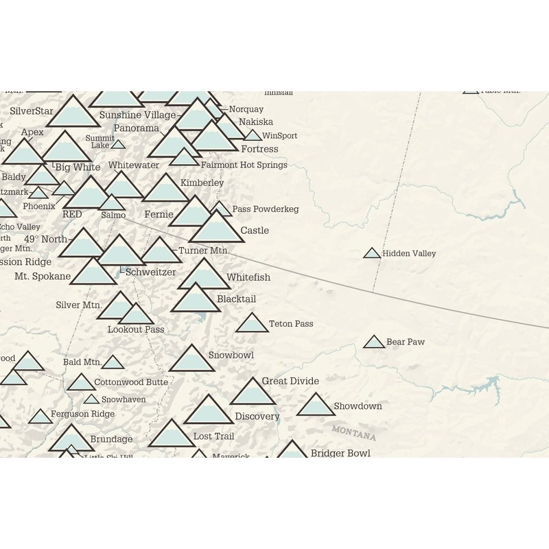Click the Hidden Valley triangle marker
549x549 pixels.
click(x=371, y=253)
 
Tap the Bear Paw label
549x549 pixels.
click(x=405, y=342)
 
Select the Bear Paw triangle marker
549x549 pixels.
click(x=374, y=342)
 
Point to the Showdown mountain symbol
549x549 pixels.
click(x=316, y=406)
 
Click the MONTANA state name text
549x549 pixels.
click(x=353, y=433)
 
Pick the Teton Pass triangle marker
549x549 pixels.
click(x=252, y=324)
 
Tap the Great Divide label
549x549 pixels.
click(x=290, y=381)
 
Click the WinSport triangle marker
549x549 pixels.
click(x=253, y=136)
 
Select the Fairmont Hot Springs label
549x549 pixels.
click(x=244, y=165)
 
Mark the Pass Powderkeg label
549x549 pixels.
click(x=265, y=209)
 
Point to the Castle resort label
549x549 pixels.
click(x=255, y=231)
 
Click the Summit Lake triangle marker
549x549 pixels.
click(x=118, y=145)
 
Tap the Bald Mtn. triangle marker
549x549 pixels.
click(x=113, y=362)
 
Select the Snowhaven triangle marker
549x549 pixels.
click(x=91, y=399)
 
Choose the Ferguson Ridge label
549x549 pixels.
click(x=82, y=414)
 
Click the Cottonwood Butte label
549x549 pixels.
click(x=131, y=382)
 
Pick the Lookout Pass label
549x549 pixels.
click(x=136, y=329)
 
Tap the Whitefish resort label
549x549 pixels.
click(x=248, y=277)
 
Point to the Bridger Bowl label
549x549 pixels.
click(x=340, y=453)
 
